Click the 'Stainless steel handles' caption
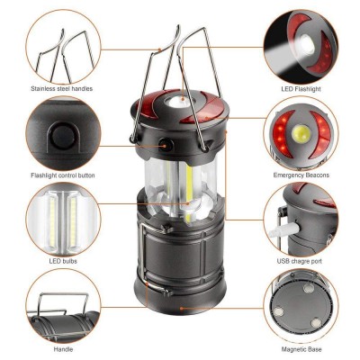61,89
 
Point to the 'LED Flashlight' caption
300,89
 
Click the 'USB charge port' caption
300,262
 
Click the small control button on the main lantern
167,144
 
